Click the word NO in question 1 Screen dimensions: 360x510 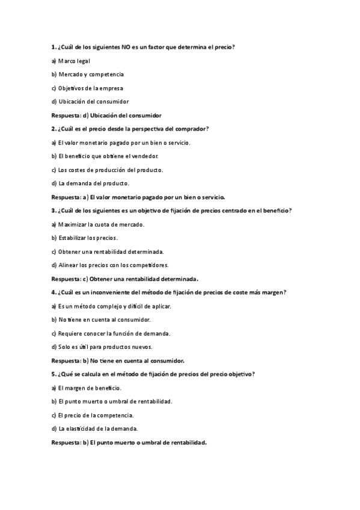(x=125, y=47)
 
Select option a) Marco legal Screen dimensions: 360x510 (x=71, y=61)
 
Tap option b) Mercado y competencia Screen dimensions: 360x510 (x=88, y=74)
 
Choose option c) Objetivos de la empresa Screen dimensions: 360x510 (x=87, y=88)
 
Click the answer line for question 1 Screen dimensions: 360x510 (x=106, y=115)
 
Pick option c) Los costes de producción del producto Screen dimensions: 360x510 (x=107, y=170)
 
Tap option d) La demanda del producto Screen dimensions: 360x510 (x=90, y=183)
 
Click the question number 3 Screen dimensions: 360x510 (x=53, y=210)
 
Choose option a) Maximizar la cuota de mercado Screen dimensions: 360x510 (x=98, y=224)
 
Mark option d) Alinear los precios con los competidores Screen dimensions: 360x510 (x=110, y=265)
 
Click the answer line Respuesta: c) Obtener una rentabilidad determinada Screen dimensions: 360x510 (x=125, y=278)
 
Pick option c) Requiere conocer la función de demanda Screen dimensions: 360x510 (x=111, y=333)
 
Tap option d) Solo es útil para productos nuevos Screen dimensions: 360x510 (x=102, y=346)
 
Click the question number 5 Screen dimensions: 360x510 (x=53, y=374)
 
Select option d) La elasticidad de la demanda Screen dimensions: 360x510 (x=95, y=428)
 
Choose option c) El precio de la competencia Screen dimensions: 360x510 (x=93, y=415)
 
